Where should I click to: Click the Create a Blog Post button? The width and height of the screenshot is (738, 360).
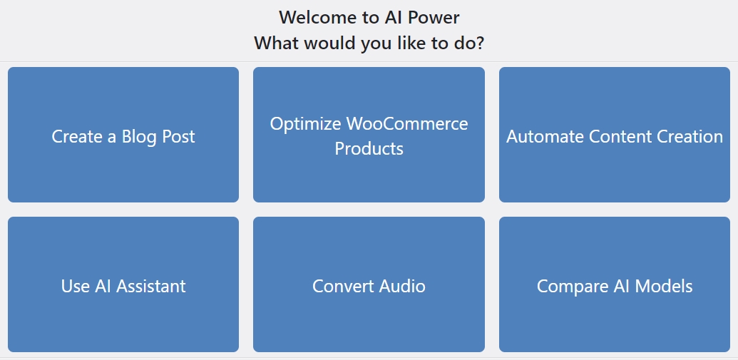point(123,135)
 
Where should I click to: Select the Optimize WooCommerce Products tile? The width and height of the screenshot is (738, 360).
point(369,135)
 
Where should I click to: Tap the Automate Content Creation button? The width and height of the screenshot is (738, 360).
point(614,135)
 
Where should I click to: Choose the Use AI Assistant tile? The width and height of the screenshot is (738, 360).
point(123,284)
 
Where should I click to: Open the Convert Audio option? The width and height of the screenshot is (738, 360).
point(369,284)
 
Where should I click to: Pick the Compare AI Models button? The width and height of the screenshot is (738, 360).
point(614,284)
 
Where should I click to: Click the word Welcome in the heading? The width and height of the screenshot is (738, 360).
point(317,17)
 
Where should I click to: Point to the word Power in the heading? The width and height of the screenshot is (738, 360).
point(434,17)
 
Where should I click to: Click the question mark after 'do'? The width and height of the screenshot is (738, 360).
point(479,43)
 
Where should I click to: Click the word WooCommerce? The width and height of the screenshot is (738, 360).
point(407,124)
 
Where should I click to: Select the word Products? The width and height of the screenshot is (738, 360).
point(369,149)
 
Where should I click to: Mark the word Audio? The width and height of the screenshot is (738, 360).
point(402,286)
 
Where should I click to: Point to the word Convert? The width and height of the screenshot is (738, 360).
point(344,286)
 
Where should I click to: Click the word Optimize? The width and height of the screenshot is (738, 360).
point(306,125)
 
